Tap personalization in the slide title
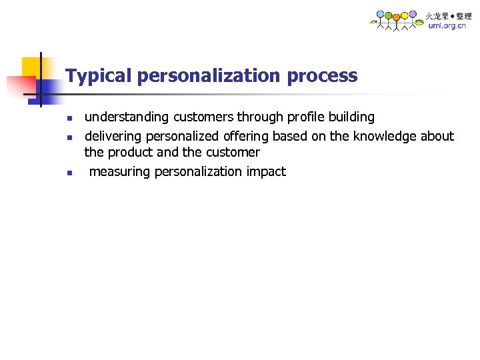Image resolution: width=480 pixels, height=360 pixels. pos(209,76)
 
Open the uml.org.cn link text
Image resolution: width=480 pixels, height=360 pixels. pos(447,26)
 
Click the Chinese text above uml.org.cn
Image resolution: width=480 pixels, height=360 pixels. pos(449,15)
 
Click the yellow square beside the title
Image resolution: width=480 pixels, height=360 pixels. pos(31,67)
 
